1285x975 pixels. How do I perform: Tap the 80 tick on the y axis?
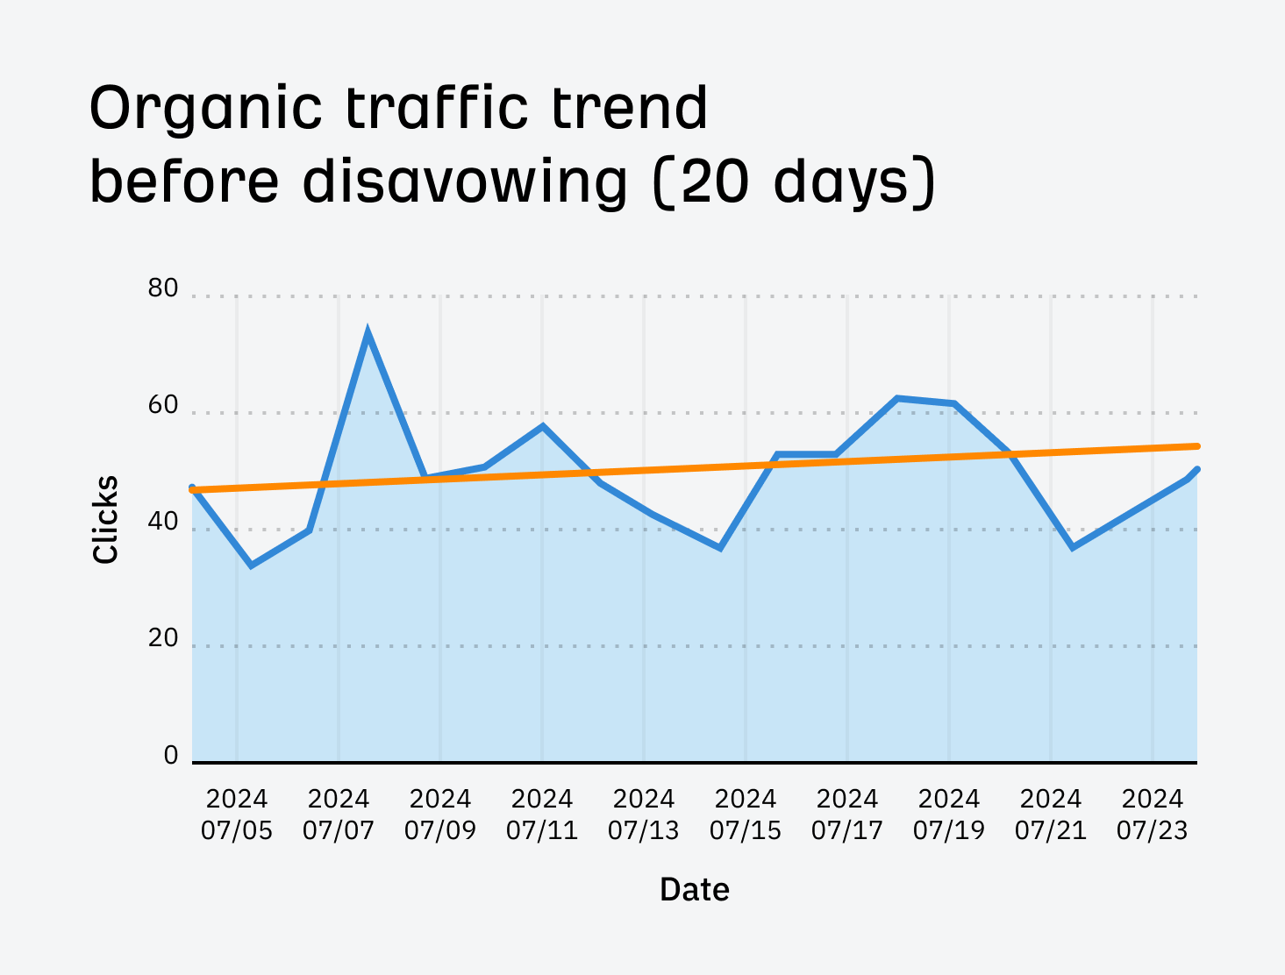[163, 288]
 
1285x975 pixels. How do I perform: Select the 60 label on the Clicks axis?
[163, 406]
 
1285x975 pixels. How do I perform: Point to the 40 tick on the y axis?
[163, 523]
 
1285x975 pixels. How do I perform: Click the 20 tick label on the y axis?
[163, 639]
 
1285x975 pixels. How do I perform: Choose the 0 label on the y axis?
[171, 756]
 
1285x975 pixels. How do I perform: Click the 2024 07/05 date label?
[237, 815]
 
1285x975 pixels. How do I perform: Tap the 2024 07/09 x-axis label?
[440, 815]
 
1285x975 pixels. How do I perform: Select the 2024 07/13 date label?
[644, 815]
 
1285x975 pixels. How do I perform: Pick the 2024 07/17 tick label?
[847, 815]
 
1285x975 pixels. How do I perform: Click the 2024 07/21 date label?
[1051, 815]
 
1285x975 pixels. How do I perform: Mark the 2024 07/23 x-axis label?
[1153, 815]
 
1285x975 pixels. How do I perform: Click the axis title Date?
[694, 890]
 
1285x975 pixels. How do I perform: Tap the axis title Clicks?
[106, 519]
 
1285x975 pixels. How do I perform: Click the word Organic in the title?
[206, 110]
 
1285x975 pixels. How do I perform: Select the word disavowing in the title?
[466, 182]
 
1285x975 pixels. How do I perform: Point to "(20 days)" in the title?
[794, 182]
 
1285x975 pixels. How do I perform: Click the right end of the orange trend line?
[1196, 446]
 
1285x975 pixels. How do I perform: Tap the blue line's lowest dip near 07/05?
[251, 566]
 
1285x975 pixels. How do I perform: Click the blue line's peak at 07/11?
[543, 426]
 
